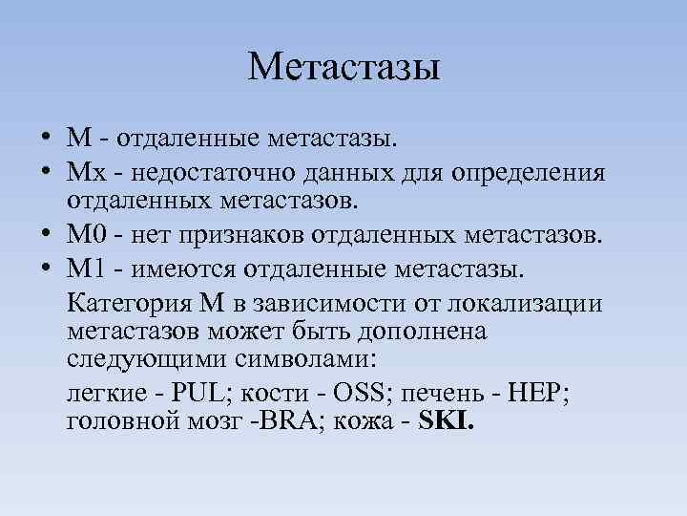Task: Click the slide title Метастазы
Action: [343, 68]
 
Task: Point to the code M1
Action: [83, 269]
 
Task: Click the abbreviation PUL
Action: [224, 394]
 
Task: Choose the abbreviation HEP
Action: [536, 394]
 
